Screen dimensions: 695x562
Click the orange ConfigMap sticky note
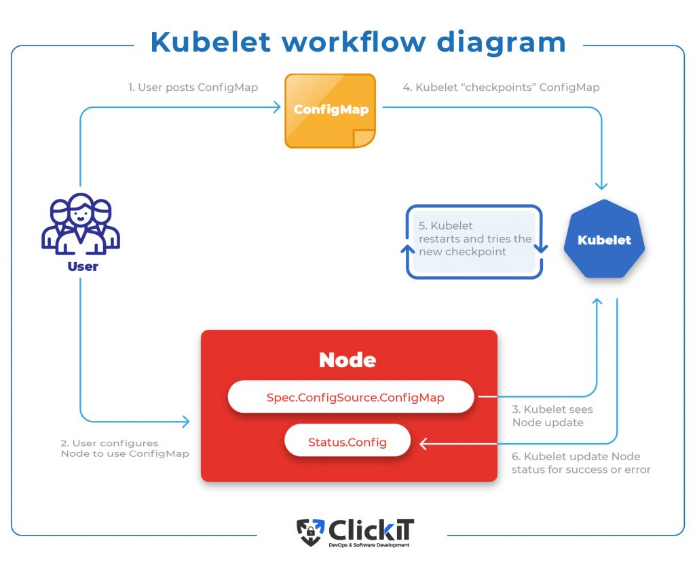pyautogui.click(x=331, y=111)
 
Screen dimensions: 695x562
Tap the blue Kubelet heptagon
pyautogui.click(x=604, y=239)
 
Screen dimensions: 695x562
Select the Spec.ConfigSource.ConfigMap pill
pyautogui.click(x=351, y=397)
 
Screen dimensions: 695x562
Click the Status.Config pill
pyautogui.click(x=347, y=441)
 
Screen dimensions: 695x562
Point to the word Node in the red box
pyautogui.click(x=347, y=360)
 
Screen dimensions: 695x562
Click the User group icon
pyautogui.click(x=81, y=224)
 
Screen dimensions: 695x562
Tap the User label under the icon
pyautogui.click(x=83, y=266)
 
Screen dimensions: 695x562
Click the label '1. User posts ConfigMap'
pyautogui.click(x=193, y=88)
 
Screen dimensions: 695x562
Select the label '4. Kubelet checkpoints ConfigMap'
pyautogui.click(x=502, y=88)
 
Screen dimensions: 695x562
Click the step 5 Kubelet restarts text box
pyautogui.click(x=474, y=242)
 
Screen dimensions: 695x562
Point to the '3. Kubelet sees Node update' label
pyautogui.click(x=552, y=416)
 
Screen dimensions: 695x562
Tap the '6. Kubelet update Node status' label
pyautogui.click(x=581, y=463)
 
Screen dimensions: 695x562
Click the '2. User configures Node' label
pyautogui.click(x=125, y=448)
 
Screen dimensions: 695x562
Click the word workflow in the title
pyautogui.click(x=354, y=42)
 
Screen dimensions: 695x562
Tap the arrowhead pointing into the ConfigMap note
pyautogui.click(x=277, y=107)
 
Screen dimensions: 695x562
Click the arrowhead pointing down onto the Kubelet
pyautogui.click(x=601, y=185)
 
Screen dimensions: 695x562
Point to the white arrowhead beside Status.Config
pyautogui.click(x=424, y=443)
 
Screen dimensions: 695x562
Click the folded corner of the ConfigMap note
pyautogui.click(x=364, y=138)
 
